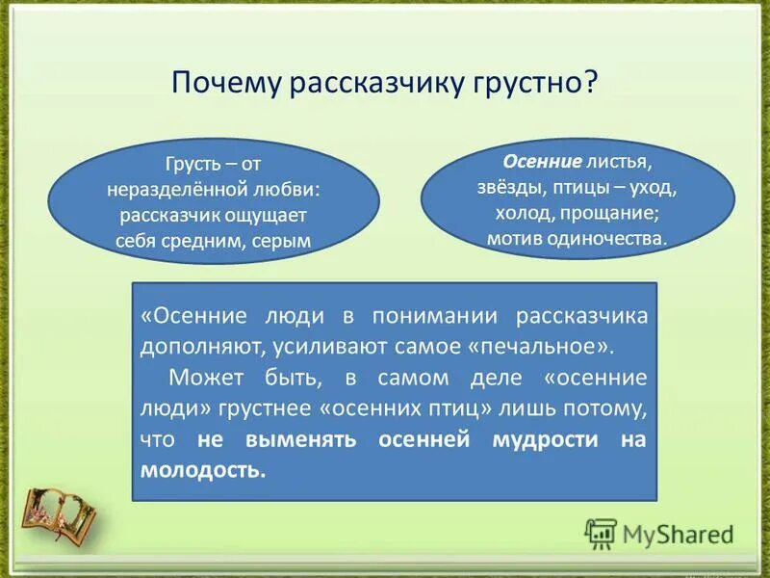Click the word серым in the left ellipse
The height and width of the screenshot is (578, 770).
[x=284, y=242]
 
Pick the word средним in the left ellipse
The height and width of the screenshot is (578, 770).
[x=215, y=242]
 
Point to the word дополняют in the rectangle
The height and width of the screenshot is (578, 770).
[x=190, y=344]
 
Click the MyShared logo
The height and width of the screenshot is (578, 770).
[x=659, y=533]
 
